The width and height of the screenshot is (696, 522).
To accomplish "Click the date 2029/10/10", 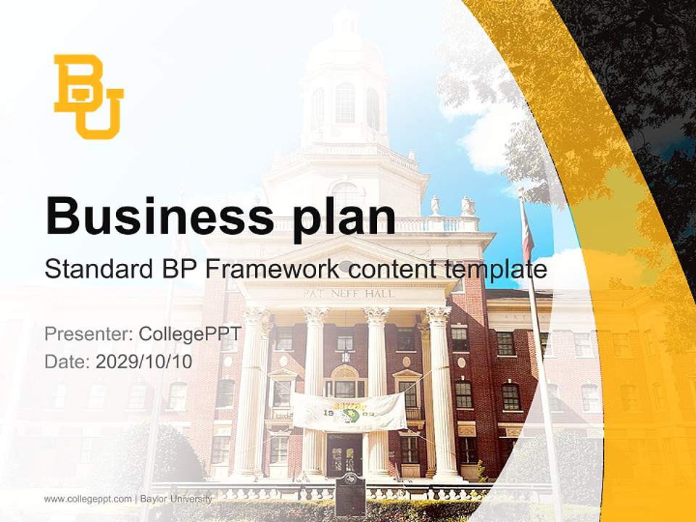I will pyautogui.click(x=144, y=361).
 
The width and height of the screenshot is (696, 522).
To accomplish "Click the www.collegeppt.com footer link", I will pyautogui.click(x=88, y=499).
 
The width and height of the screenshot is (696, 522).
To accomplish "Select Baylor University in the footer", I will pyautogui.click(x=177, y=499).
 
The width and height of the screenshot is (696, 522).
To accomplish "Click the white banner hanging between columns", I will pyautogui.click(x=349, y=410).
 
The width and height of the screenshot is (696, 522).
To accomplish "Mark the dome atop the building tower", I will pyautogui.click(x=344, y=43).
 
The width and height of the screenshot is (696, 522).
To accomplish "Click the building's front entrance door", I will pyautogui.click(x=344, y=455).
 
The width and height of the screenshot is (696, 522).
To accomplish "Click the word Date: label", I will pyautogui.click(x=67, y=361).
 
